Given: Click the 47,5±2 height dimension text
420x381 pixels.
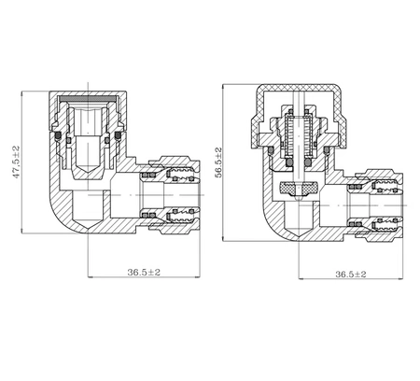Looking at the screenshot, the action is click(x=16, y=162).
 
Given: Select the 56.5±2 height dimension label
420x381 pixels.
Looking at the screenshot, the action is click(x=218, y=162).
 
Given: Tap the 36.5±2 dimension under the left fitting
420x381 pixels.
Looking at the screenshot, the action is click(x=144, y=272).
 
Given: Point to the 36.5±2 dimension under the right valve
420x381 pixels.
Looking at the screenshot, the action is click(x=351, y=275).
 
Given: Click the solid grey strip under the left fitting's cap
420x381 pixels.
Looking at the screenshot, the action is click(x=88, y=98).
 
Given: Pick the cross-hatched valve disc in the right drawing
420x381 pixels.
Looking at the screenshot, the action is click(x=300, y=188).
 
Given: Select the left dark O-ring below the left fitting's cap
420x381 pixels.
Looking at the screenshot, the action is click(x=58, y=135).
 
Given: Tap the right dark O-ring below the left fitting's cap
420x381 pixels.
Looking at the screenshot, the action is click(x=118, y=135).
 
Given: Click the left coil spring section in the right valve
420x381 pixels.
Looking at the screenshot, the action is click(x=287, y=136).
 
